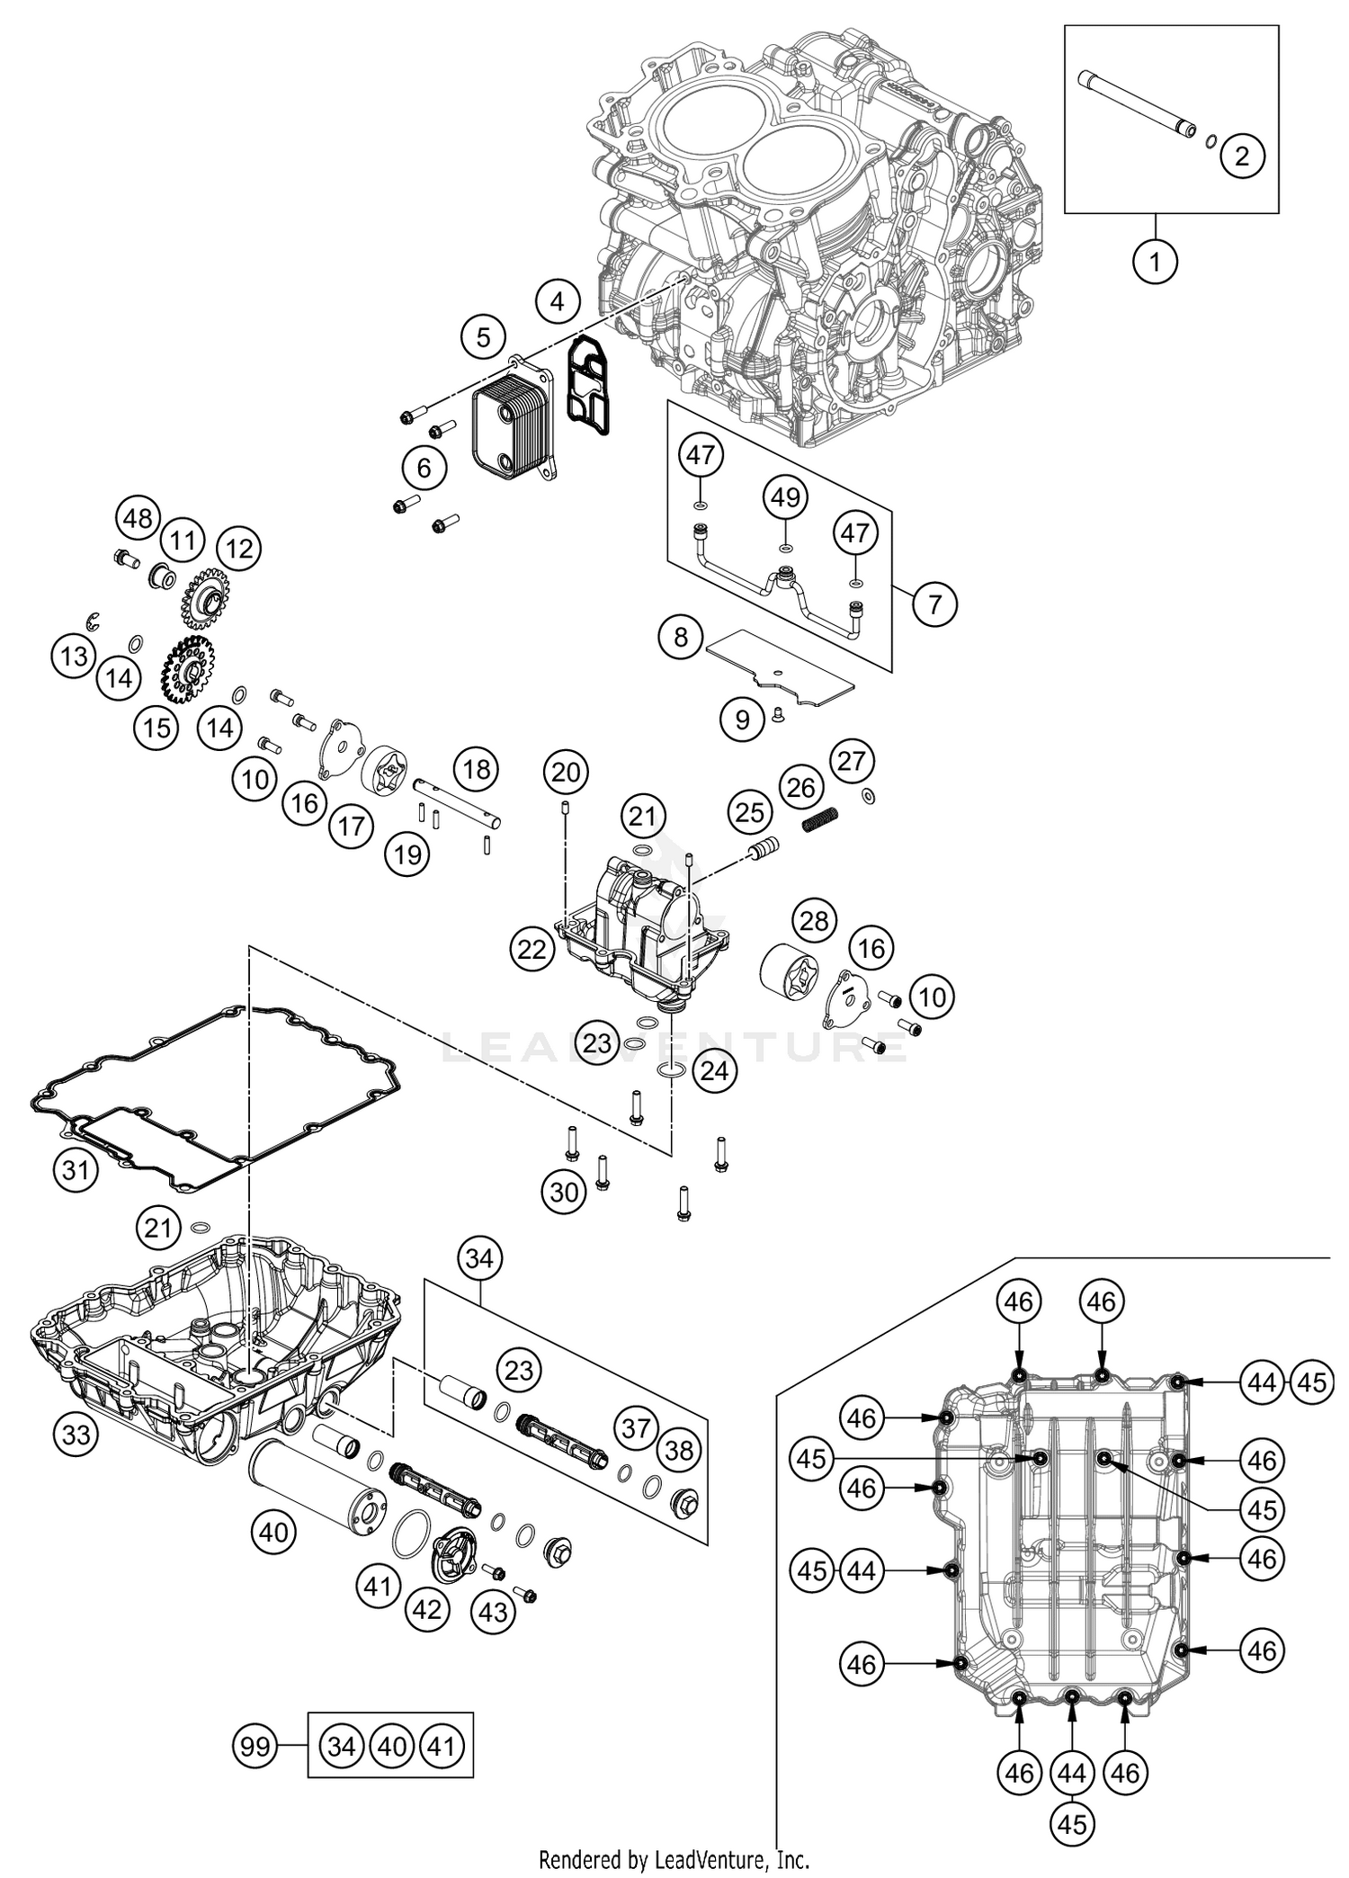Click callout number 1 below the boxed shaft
[x=1154, y=263]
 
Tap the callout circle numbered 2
[x=1242, y=156]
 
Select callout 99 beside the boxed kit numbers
[x=255, y=1747]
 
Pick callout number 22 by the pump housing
[x=532, y=948]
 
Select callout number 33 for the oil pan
[x=76, y=1435]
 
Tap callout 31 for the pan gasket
[x=75, y=1170]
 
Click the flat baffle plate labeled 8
[x=778, y=666]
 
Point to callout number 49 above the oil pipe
[x=786, y=496]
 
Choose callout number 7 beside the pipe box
[x=934, y=604]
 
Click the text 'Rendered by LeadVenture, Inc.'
[x=674, y=1858]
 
